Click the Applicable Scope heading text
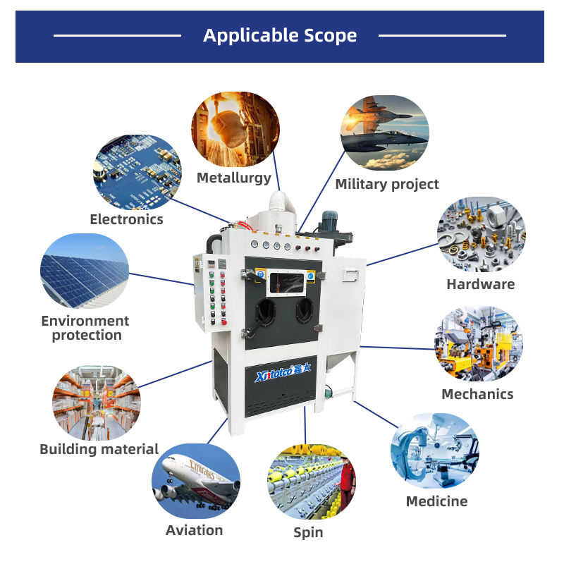tap(280, 35)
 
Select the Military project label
tap(386, 185)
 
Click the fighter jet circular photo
tap(384, 134)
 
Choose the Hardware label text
tap(480, 285)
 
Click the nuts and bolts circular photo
tap(482, 235)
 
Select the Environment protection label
tap(85, 328)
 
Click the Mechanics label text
tap(477, 394)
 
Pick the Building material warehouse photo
tap(96, 403)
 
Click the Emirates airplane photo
tap(196, 481)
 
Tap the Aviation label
tap(194, 530)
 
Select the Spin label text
tap(308, 532)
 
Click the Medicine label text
tap(436, 501)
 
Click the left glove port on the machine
tap(266, 309)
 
